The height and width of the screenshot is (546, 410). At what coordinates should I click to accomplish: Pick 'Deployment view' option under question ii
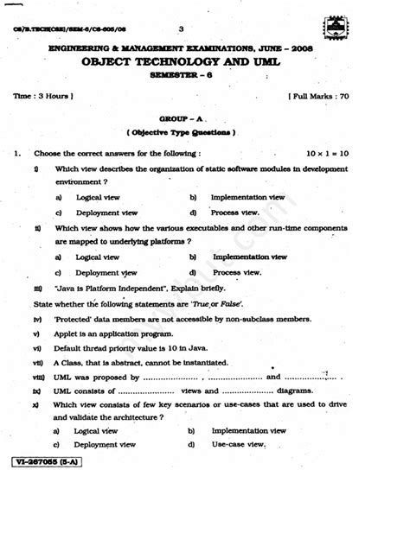(x=106, y=272)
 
